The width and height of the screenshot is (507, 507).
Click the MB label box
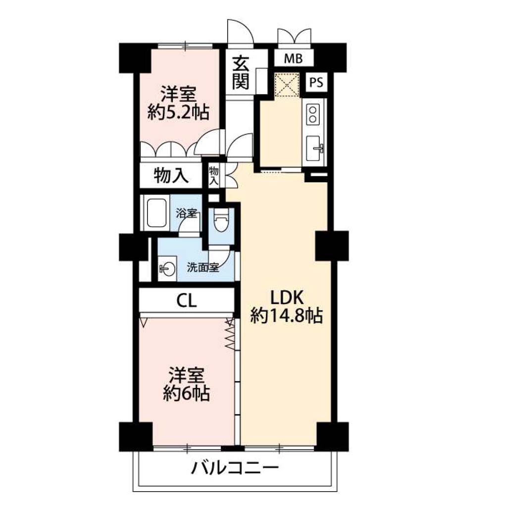click(294, 59)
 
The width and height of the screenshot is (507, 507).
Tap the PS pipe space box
click(316, 83)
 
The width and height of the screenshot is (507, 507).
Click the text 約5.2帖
click(178, 112)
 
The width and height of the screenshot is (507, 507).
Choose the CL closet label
click(187, 302)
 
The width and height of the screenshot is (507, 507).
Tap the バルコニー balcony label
click(235, 468)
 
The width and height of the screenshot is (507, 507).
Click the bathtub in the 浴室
click(157, 213)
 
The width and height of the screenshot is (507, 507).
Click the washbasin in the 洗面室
click(167, 268)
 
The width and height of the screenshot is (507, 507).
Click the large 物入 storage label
click(171, 176)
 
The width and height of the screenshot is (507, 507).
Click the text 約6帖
click(186, 394)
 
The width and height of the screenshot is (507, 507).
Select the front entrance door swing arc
click(241, 31)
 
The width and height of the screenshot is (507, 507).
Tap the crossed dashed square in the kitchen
click(287, 85)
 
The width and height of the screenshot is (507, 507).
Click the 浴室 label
click(187, 213)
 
